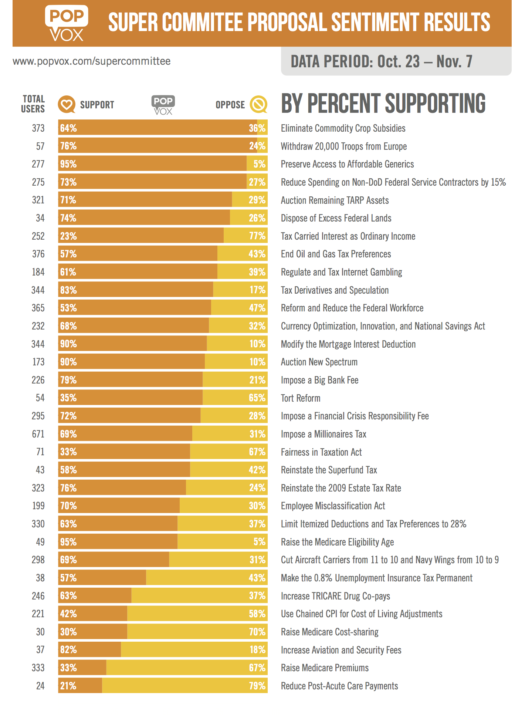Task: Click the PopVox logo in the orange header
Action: [67, 23]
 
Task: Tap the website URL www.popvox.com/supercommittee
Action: [92, 61]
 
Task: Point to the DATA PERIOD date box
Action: [396, 61]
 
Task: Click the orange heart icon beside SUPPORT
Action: [67, 105]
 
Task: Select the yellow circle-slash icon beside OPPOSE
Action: [258, 105]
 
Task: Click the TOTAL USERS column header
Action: [33, 104]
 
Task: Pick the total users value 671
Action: [38, 434]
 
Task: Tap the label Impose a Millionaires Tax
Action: [324, 434]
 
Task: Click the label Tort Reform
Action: [301, 398]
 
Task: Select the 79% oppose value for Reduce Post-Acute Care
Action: [257, 686]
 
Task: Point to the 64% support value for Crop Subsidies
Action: [69, 128]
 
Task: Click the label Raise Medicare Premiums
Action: [325, 668]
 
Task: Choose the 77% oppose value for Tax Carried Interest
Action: [257, 236]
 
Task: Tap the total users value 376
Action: [38, 254]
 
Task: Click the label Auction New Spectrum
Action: [319, 362]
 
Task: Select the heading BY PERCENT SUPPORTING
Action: [383, 104]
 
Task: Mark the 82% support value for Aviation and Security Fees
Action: [69, 650]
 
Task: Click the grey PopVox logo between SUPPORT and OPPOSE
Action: [163, 105]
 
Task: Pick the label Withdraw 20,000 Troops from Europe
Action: [344, 146]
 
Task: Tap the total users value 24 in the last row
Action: [40, 686]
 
